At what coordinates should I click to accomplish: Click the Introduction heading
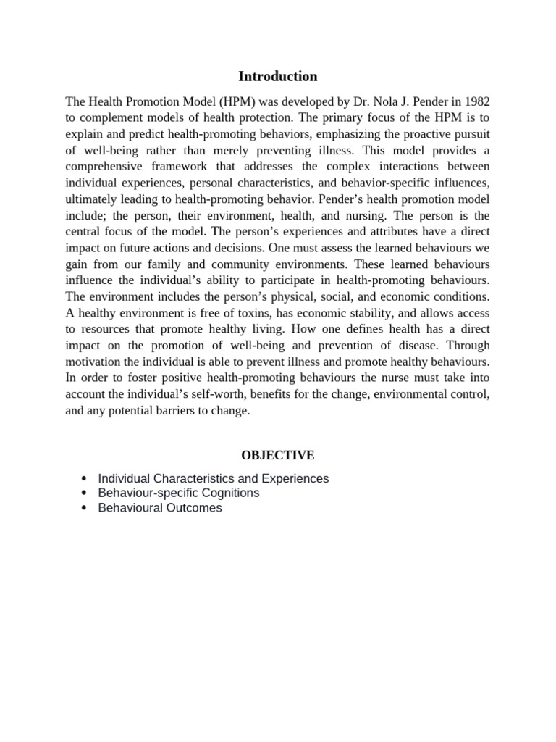[278, 76]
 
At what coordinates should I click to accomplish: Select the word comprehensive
[103, 167]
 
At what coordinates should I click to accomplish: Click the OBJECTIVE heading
[278, 456]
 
